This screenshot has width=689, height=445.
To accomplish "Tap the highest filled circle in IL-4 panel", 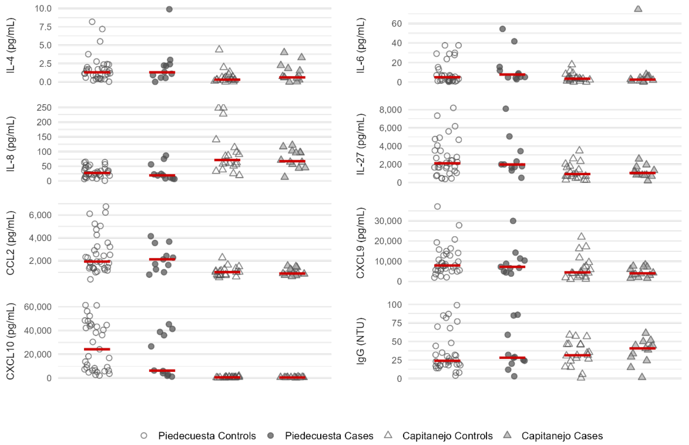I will [169, 9].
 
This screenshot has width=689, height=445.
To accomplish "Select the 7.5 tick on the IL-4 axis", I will [43, 27].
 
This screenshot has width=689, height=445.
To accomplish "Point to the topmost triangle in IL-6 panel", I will [638, 9].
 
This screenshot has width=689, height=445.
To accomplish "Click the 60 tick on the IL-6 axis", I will [397, 23].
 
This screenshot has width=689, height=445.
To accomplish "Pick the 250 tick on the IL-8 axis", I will [44, 107].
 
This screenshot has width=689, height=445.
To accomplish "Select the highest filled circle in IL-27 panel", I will [506, 109].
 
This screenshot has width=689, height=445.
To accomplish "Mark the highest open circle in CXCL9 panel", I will [437, 206].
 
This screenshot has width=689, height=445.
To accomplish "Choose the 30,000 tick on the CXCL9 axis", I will [388, 221].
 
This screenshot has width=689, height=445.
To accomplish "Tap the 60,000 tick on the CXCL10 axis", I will [37, 307].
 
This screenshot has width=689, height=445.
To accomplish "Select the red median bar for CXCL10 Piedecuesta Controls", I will [97, 349].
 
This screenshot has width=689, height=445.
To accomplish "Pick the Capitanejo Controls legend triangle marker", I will [388, 435].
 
